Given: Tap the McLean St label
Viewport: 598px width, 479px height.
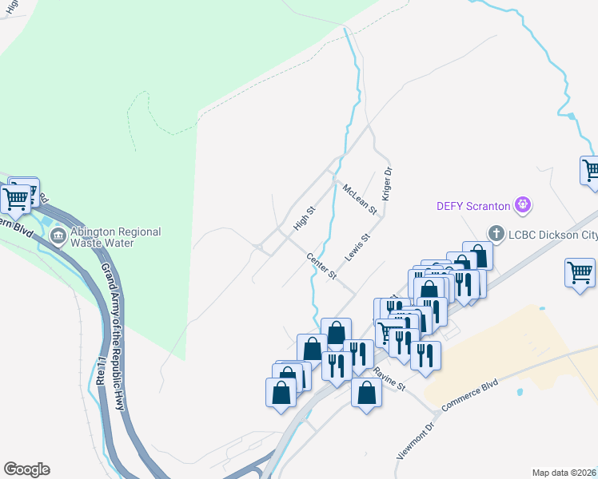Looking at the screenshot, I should (x=359, y=199).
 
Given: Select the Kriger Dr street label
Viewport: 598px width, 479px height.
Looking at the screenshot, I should (x=387, y=182).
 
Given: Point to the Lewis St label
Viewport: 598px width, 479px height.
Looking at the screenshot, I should (x=357, y=247).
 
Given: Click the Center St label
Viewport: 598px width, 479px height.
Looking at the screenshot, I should (x=321, y=266).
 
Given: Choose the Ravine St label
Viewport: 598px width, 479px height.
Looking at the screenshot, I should (x=390, y=378).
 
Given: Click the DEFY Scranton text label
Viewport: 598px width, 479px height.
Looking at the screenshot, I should (x=472, y=205).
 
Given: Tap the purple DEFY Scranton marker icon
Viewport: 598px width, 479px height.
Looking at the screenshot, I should (x=523, y=205).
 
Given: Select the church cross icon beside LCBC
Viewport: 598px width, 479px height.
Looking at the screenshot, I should (x=496, y=234).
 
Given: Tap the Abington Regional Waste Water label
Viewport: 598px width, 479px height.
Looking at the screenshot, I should (x=115, y=237).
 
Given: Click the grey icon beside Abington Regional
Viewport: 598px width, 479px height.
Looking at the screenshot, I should (x=58, y=236).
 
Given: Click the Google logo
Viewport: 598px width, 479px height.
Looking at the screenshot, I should (x=26, y=469).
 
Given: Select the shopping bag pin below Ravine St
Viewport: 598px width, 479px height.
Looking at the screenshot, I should (x=366, y=393).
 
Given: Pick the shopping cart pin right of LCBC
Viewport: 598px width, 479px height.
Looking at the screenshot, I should (x=580, y=272).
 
